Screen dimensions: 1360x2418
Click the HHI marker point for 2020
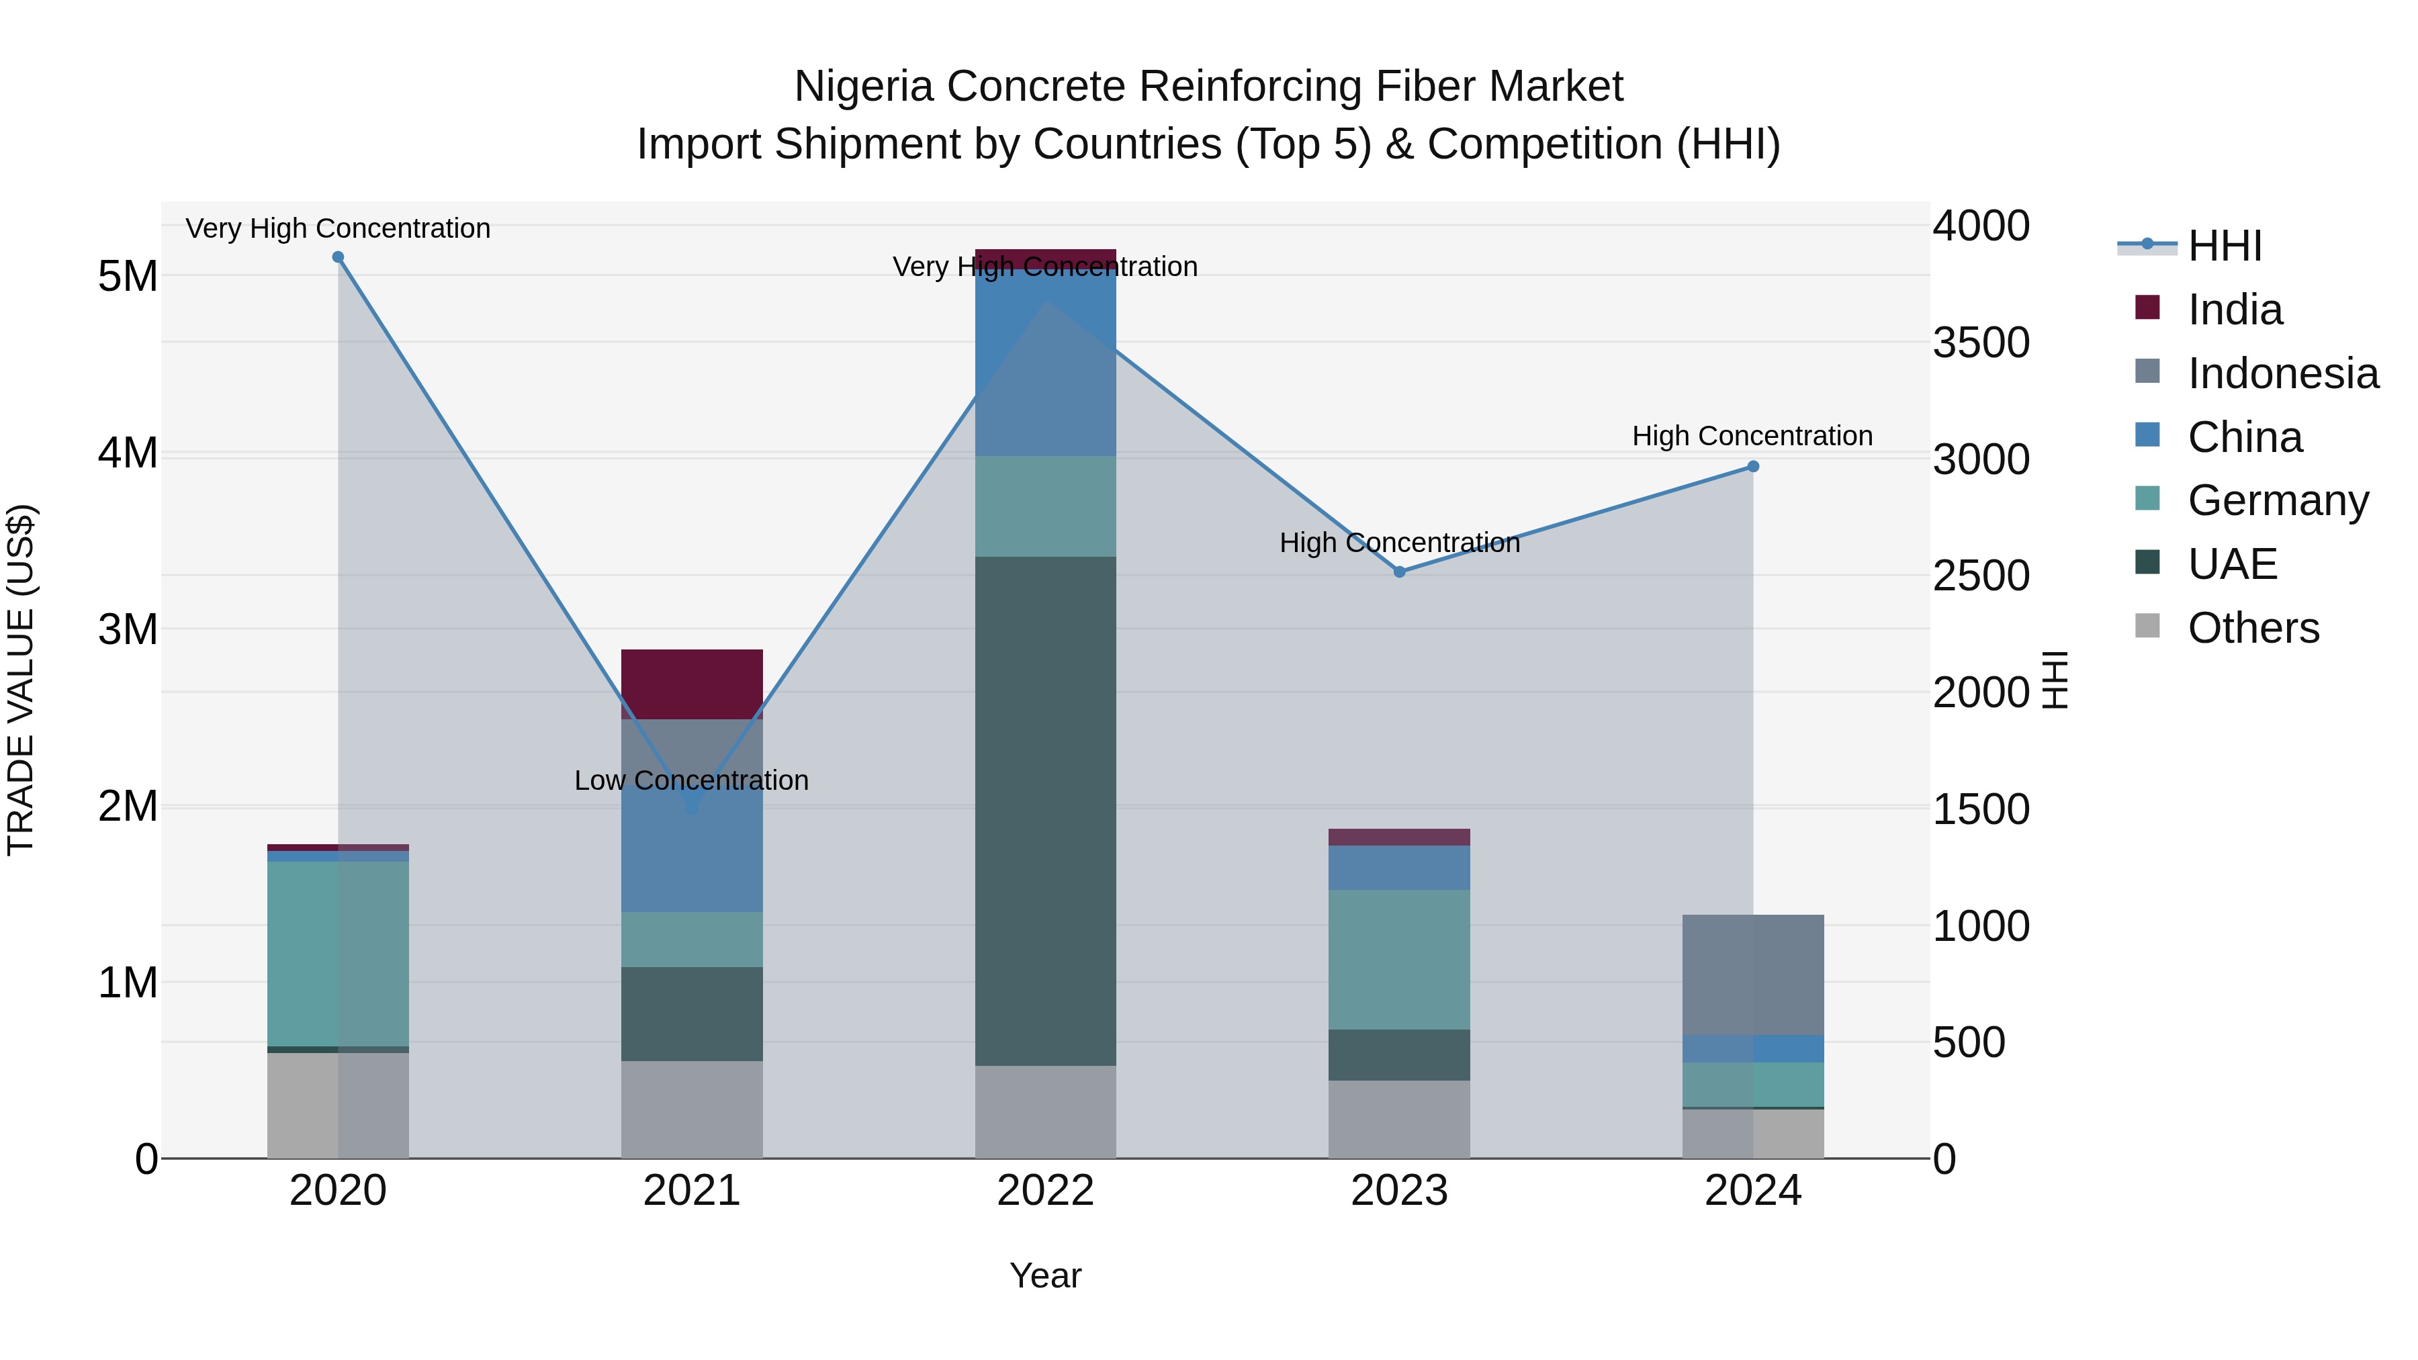pos(338,257)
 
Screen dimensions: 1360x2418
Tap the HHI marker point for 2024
pos(1752,467)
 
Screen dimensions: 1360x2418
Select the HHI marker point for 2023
pos(1398,572)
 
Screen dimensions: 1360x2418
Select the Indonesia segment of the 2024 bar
pos(1752,974)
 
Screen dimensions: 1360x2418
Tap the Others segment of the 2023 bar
pos(1398,1119)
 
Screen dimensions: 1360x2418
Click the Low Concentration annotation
pos(691,780)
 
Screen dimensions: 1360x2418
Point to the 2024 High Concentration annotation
pos(1752,435)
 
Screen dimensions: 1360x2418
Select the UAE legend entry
pos(2231,564)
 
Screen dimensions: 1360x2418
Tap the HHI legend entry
pos(2224,246)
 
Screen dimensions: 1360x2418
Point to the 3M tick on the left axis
pos(128,629)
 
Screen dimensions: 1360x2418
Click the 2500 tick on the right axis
pos(1981,576)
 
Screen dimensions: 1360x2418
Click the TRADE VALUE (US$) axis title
pos(21,680)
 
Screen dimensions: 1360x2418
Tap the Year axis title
pos(1044,1275)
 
